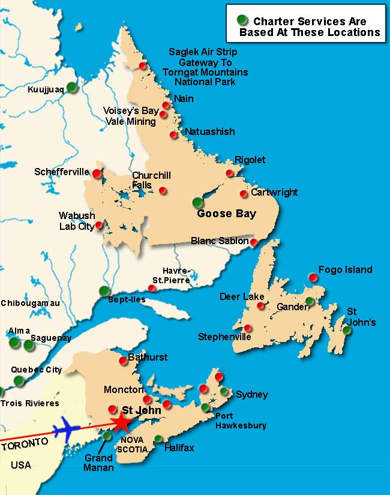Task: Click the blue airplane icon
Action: [x=67, y=430]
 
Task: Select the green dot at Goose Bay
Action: [x=198, y=202]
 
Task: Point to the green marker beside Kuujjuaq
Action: [x=72, y=87]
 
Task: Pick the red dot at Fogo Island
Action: [x=313, y=277]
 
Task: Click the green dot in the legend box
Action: [x=242, y=20]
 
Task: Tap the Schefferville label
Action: [x=61, y=171]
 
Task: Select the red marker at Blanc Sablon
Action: [x=254, y=242]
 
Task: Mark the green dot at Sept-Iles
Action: [x=104, y=291]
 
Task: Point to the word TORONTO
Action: [x=25, y=444]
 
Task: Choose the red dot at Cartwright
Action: [x=244, y=194]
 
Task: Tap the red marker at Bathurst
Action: [x=124, y=361]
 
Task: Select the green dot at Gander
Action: [x=310, y=301]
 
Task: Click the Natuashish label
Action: [x=210, y=131]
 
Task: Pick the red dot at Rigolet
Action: [x=229, y=173]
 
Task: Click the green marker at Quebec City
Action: [x=19, y=380]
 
